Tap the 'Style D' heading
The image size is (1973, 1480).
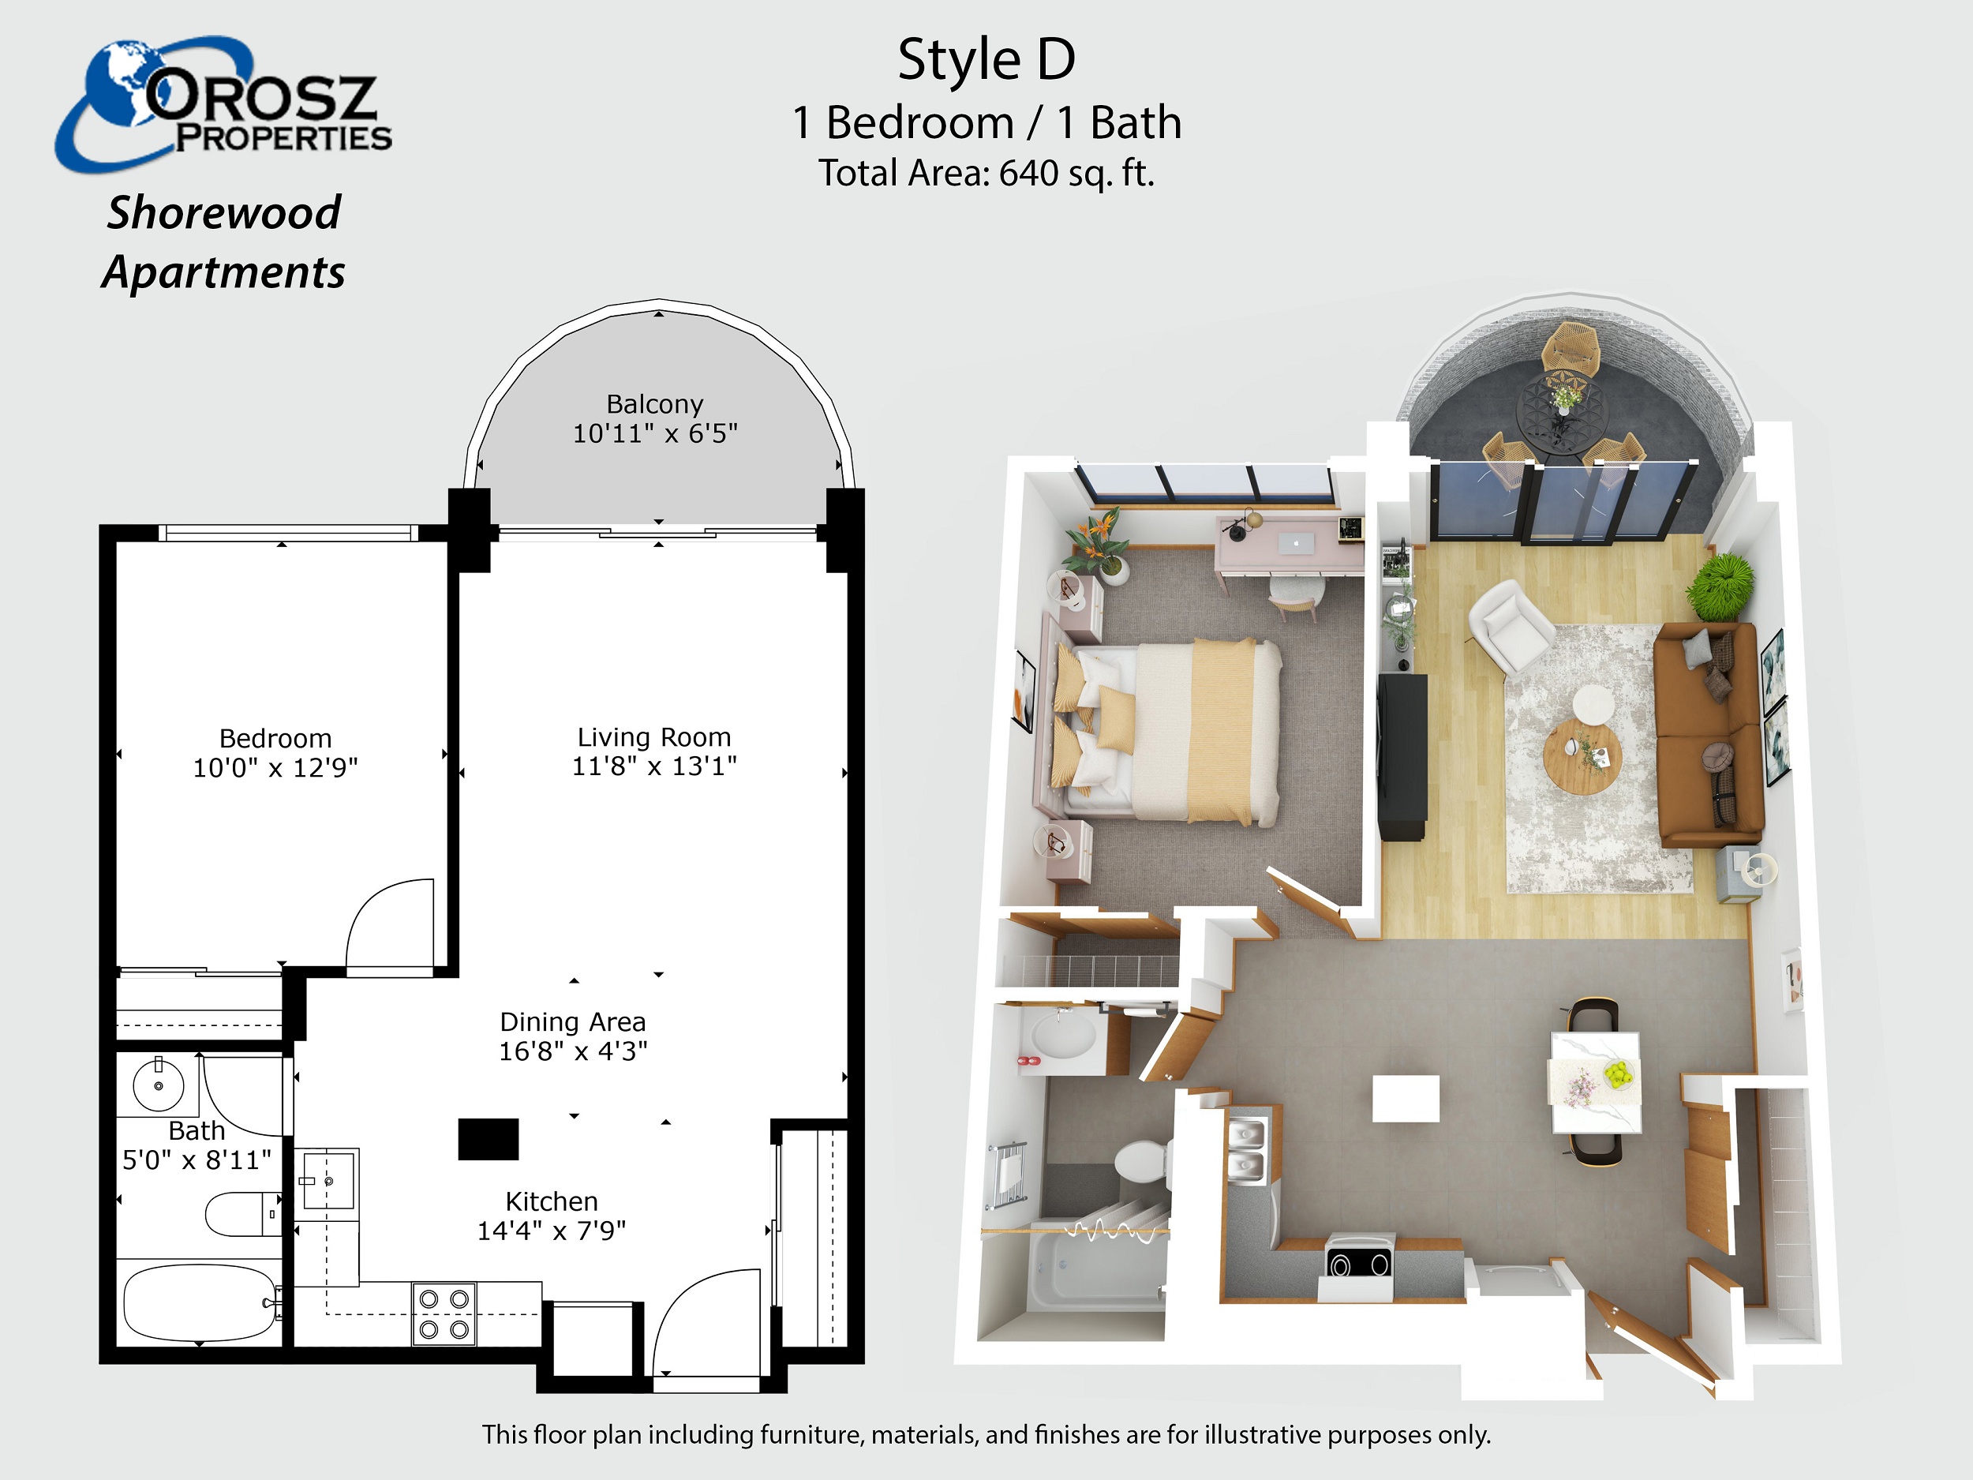click(x=986, y=61)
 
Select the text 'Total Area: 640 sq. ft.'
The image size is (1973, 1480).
click(x=986, y=173)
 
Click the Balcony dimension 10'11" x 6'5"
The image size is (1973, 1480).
click(x=656, y=433)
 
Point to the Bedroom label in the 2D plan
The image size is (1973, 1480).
click(x=275, y=738)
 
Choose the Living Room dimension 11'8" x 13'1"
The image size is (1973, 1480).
click(x=655, y=766)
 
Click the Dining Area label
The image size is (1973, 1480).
click(x=573, y=1021)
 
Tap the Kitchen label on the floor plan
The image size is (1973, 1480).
click(x=552, y=1201)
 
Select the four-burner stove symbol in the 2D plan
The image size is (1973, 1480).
click(x=444, y=1313)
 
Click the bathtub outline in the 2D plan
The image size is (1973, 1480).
click(x=200, y=1302)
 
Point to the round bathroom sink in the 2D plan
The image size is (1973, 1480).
click(x=159, y=1085)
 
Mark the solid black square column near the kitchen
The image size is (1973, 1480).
click(x=488, y=1139)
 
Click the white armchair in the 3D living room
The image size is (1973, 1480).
click(x=1511, y=625)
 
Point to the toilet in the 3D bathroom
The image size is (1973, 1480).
click(x=1141, y=1162)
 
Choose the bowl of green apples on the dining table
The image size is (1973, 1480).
click(x=1619, y=1074)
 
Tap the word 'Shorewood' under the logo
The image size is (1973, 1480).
click(x=224, y=212)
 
